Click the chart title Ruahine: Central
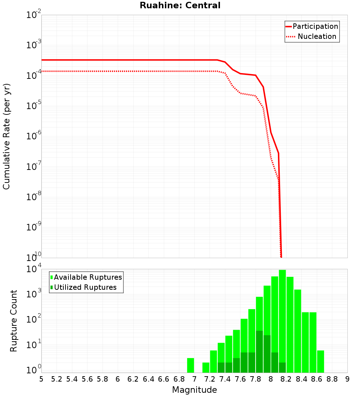(x=180, y=5)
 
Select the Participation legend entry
(x=315, y=27)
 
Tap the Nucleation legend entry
(x=316, y=37)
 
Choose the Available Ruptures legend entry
(x=87, y=278)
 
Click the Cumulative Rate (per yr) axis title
(x=6, y=136)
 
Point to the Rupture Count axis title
(x=14, y=321)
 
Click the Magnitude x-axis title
(x=194, y=390)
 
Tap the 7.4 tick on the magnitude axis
(x=225, y=379)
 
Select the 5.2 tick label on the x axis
(x=57, y=379)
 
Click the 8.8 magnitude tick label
(x=332, y=379)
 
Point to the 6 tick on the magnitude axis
(x=118, y=379)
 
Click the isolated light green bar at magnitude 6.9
(x=190, y=365)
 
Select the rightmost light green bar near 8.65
(x=320, y=361)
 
